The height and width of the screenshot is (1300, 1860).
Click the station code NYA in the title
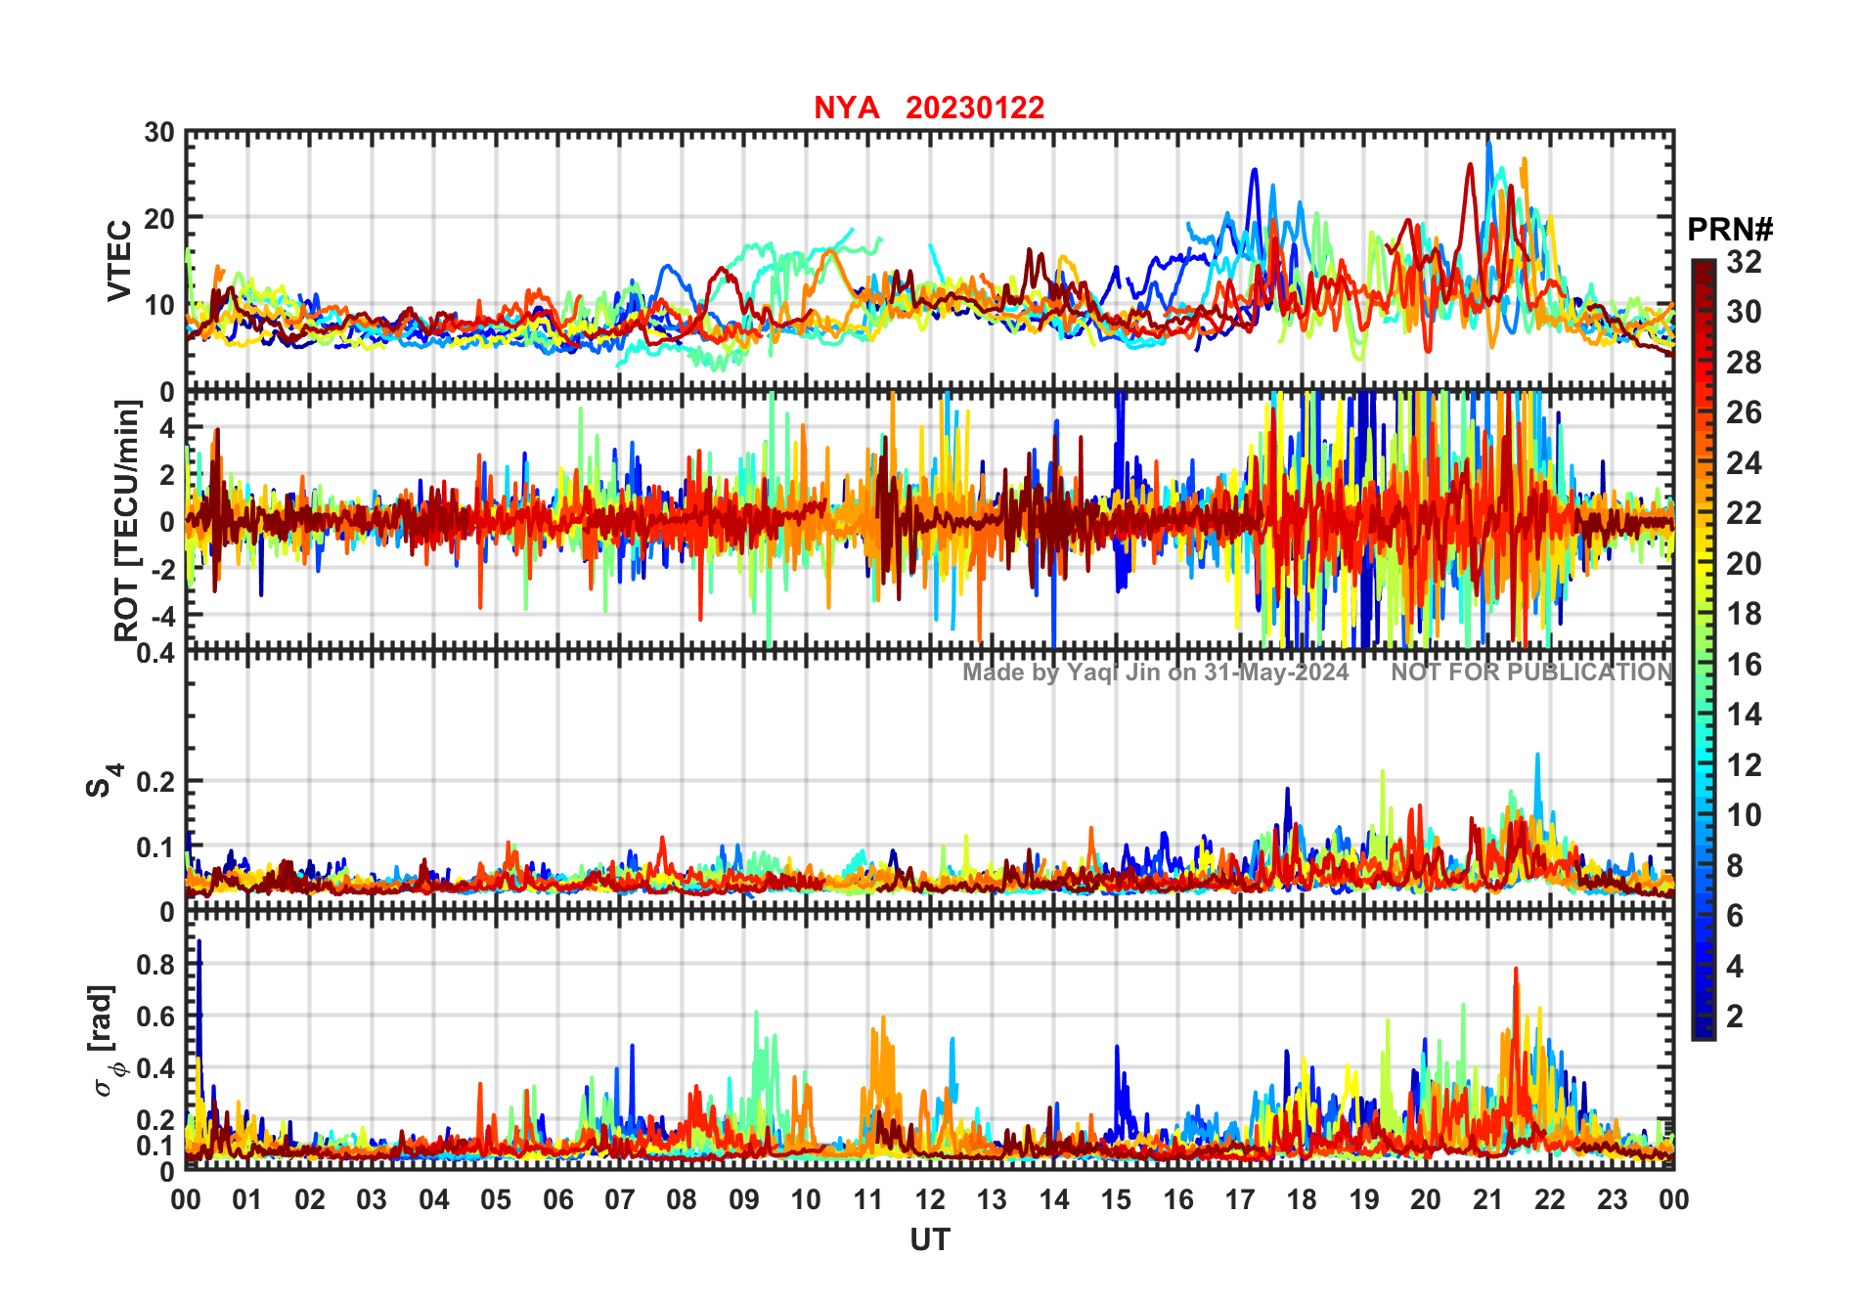point(846,108)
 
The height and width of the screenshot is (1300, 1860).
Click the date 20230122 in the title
point(975,108)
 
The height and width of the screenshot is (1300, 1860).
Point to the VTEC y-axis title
point(119,261)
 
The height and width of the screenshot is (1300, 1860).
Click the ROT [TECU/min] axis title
point(127,520)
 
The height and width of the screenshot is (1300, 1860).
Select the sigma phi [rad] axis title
point(105,1040)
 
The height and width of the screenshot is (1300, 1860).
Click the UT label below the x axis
point(929,1240)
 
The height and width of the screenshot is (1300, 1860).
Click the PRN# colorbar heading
point(1729,230)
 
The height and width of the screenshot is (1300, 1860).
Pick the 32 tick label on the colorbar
point(1744,262)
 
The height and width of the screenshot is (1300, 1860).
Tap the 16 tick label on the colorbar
point(1744,665)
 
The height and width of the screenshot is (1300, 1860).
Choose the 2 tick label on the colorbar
point(1735,1017)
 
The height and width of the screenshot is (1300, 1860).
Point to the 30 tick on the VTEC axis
point(160,133)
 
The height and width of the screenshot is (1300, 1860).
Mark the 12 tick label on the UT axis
point(930,1200)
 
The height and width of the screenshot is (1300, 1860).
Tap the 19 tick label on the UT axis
point(1364,1200)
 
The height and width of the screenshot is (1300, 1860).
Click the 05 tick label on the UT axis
point(496,1200)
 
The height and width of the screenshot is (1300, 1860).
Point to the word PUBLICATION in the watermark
point(1589,672)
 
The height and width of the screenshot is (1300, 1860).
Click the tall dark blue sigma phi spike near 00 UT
point(199,977)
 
